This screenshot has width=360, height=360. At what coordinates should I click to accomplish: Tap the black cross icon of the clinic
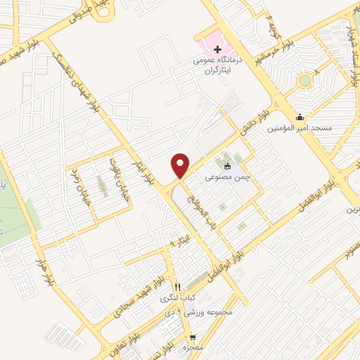point(217,50)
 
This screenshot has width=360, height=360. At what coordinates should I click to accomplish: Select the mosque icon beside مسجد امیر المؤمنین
point(300,117)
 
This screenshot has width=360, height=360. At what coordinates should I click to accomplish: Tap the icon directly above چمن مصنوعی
point(227,167)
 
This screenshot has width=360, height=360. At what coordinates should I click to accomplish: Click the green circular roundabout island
point(304,81)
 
